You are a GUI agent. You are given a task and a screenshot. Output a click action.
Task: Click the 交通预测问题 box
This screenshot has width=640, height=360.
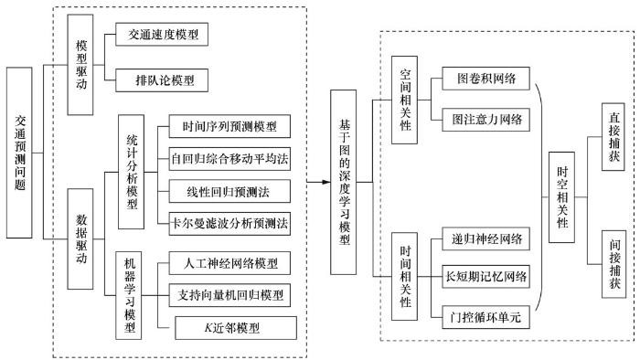[x=19, y=153]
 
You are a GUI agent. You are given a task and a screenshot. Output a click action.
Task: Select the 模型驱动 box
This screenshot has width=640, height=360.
[x=80, y=65]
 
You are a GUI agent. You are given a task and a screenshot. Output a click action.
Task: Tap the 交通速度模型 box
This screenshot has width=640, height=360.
[x=162, y=34]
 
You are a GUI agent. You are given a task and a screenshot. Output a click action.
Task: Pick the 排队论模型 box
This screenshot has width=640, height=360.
[x=162, y=80]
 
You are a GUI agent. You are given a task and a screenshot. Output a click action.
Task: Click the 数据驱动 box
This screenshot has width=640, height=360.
[x=80, y=238]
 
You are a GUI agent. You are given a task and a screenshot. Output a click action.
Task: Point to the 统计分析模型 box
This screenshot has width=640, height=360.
[x=131, y=172]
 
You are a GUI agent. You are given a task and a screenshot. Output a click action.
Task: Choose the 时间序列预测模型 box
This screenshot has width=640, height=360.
[x=229, y=126]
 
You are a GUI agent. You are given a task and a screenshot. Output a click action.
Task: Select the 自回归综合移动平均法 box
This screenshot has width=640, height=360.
[x=229, y=159]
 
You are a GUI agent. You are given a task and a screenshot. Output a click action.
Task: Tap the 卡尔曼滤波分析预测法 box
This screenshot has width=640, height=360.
[x=229, y=224]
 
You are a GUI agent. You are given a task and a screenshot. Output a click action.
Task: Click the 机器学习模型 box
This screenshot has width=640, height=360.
[x=129, y=295]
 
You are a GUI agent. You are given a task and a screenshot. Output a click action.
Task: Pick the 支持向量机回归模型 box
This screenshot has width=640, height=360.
[x=229, y=295]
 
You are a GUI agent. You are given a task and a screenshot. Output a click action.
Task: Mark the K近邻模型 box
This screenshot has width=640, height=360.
[x=236, y=328]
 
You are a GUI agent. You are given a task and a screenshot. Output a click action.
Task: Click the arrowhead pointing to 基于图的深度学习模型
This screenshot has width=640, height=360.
[x=326, y=182]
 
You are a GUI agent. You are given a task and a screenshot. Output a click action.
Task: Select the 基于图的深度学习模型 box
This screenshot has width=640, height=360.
[x=343, y=182]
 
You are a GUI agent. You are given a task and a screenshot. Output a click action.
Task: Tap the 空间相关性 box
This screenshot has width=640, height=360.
[x=404, y=100]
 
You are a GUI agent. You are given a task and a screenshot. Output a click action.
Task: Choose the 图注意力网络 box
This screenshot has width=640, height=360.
[x=486, y=120]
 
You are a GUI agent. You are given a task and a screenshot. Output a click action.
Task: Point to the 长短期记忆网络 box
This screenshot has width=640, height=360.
[x=486, y=277]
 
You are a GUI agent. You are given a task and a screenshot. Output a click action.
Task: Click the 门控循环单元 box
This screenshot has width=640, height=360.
[x=486, y=317]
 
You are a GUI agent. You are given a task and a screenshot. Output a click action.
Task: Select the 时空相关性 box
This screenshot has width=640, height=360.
[x=561, y=197]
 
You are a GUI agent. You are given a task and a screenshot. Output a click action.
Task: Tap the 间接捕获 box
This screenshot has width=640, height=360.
[x=613, y=264]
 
